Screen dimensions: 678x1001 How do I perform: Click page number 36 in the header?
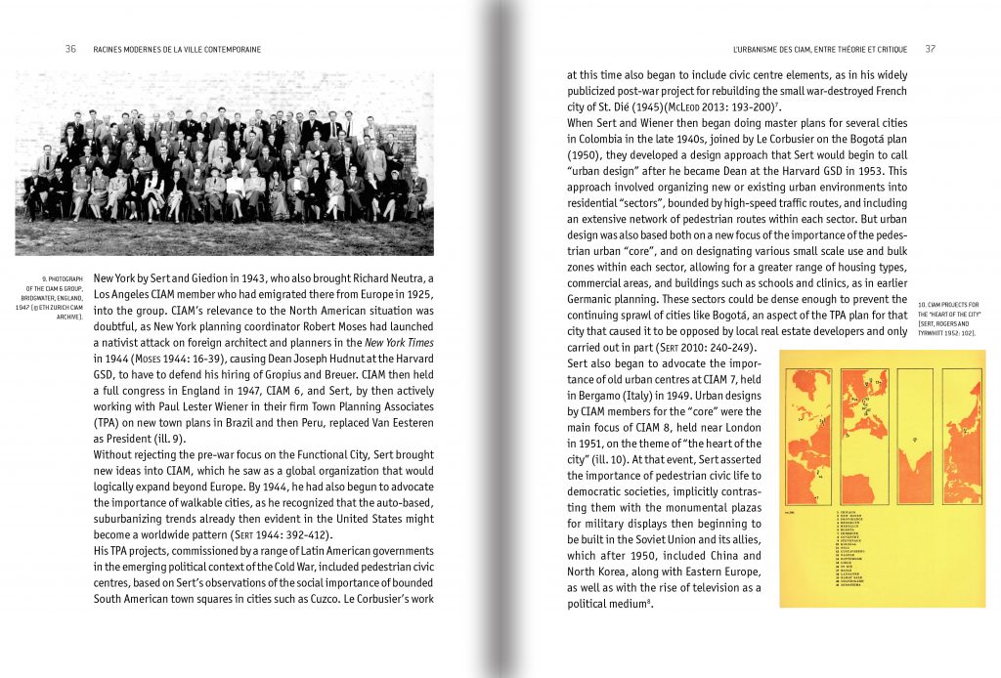coord(71,48)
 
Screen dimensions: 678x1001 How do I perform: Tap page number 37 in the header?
coord(931,48)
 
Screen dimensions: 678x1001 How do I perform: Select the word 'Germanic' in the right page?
coord(600,299)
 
